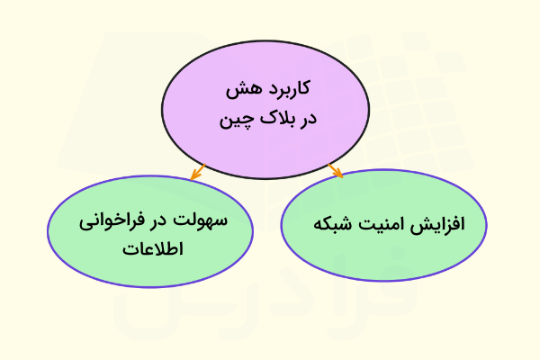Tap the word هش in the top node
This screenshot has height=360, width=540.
[x=240, y=89]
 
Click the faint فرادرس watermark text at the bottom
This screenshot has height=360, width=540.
[x=270, y=310]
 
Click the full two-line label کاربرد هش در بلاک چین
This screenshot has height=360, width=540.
[x=265, y=103]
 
